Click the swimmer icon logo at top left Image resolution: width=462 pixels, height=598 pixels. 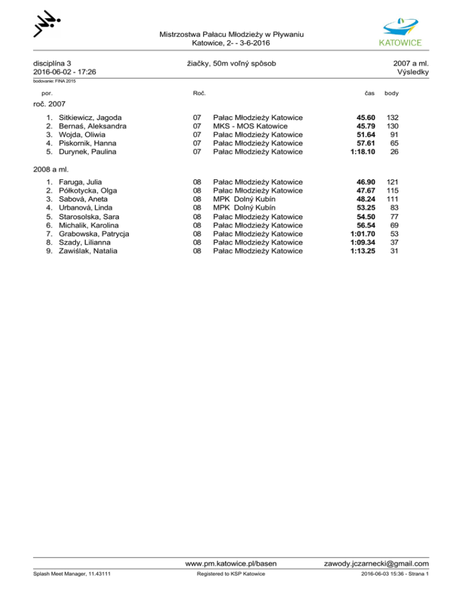pyautogui.click(x=47, y=25)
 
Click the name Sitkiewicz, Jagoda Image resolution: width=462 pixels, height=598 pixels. pyautogui.click(x=90, y=117)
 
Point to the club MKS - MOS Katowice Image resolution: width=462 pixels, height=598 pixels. pyautogui.click(x=253, y=126)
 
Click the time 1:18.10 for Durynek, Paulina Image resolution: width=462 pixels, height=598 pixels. pyautogui.click(x=363, y=152)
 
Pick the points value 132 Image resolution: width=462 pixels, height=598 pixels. pyautogui.click(x=393, y=117)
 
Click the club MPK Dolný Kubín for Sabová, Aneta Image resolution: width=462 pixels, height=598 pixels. pyautogui.click(x=245, y=199)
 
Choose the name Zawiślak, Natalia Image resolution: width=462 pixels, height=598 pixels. pyautogui.click(x=88, y=251)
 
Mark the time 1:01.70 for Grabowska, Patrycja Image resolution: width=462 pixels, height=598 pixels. pyautogui.click(x=363, y=233)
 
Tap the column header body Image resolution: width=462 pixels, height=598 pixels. pyautogui.click(x=391, y=94)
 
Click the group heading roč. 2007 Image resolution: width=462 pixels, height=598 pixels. pyautogui.click(x=49, y=104)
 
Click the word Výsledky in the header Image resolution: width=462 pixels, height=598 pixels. pyautogui.click(x=413, y=72)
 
